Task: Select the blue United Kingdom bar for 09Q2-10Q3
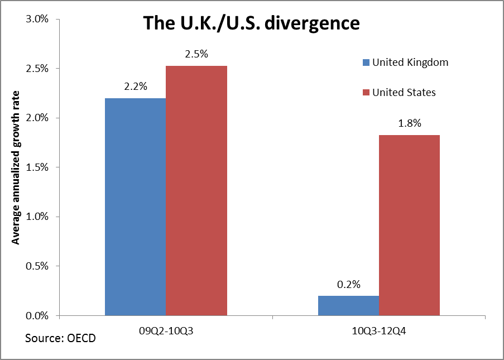coord(135,207)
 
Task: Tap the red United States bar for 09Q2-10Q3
coord(196,190)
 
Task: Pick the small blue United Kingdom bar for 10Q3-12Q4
coord(348,305)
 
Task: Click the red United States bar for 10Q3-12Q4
coord(409,225)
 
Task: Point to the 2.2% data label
coord(136,87)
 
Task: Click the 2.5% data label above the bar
coord(196,54)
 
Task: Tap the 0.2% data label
coord(348,284)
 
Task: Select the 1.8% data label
coord(409,123)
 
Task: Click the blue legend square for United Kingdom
coord(366,63)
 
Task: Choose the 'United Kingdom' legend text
coord(410,63)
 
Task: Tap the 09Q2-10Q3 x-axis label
coord(166,330)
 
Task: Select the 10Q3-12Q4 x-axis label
coord(379,330)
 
